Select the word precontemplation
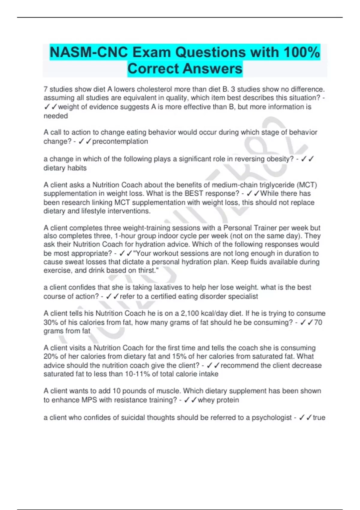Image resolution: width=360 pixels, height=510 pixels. tap(120, 141)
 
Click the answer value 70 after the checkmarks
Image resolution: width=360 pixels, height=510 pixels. tap(318, 322)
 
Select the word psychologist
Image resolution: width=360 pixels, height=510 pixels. tap(271, 418)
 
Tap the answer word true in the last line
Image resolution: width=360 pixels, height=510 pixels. tap(319, 418)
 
